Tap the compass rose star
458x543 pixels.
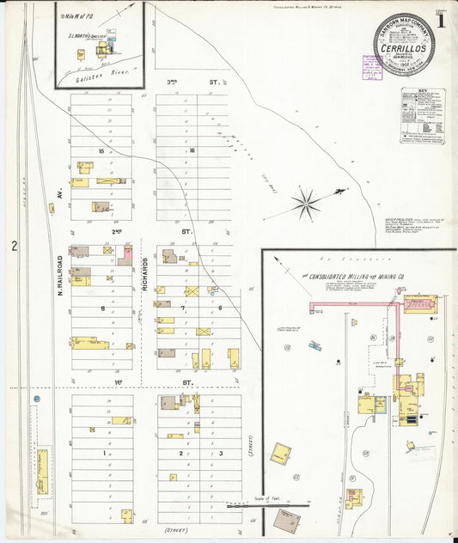pyautogui.click(x=306, y=204)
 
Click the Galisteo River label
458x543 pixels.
pyautogui.click(x=94, y=76)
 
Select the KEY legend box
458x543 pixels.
pyautogui.click(x=422, y=114)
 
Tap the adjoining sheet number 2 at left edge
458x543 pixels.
pyautogui.click(x=15, y=247)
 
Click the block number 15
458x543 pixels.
pyautogui.click(x=101, y=152)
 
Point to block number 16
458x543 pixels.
pyautogui.click(x=192, y=152)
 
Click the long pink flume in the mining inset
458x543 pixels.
pyautogui.click(x=352, y=304)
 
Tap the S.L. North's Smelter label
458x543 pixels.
pyautogui.click(x=87, y=36)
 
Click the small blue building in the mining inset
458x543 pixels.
pyautogui.click(x=315, y=345)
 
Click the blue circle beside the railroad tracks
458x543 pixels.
pyautogui.click(x=37, y=400)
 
